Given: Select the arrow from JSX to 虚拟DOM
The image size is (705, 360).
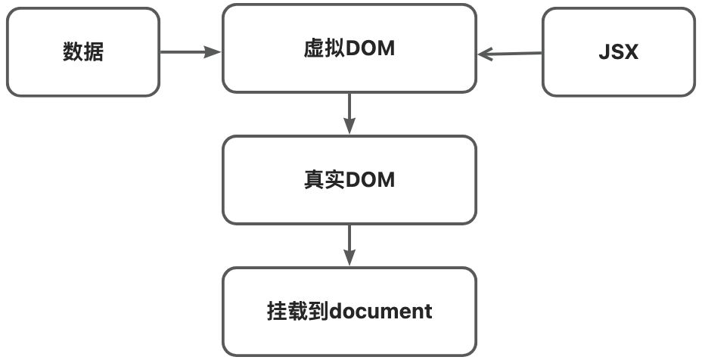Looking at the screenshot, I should (x=511, y=54).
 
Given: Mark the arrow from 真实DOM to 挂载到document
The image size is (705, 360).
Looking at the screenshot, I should (x=349, y=245).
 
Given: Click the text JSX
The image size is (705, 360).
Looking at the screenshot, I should (x=618, y=52).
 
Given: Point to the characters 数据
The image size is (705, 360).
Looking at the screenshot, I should (x=83, y=52).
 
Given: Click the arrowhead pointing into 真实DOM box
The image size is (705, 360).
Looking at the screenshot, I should (x=349, y=128).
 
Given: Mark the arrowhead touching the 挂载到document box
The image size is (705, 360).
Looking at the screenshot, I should (x=349, y=259).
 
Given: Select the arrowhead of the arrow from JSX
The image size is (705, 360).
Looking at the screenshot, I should (x=485, y=54).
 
